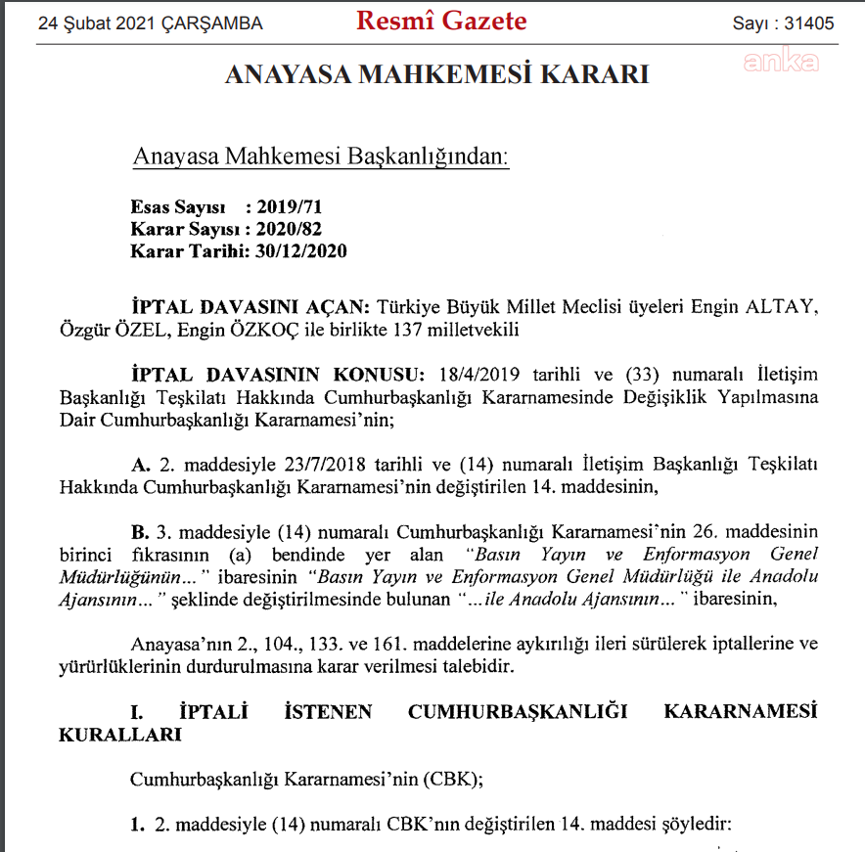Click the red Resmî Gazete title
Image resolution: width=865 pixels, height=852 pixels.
(x=441, y=21)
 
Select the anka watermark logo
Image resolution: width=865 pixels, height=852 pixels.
(x=781, y=62)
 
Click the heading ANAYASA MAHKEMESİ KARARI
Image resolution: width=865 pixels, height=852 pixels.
(x=436, y=74)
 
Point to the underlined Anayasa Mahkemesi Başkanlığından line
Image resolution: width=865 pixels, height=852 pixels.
(x=320, y=157)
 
